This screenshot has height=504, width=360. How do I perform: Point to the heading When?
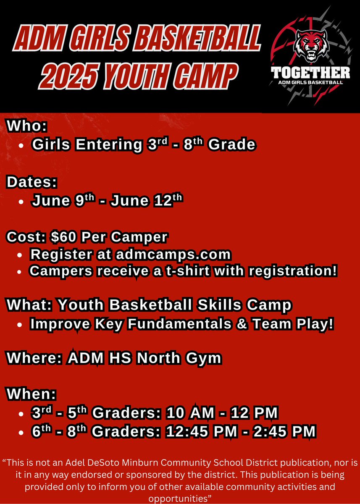pyautogui.click(x=31, y=395)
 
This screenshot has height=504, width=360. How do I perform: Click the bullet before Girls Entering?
pyautogui.click(x=21, y=145)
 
